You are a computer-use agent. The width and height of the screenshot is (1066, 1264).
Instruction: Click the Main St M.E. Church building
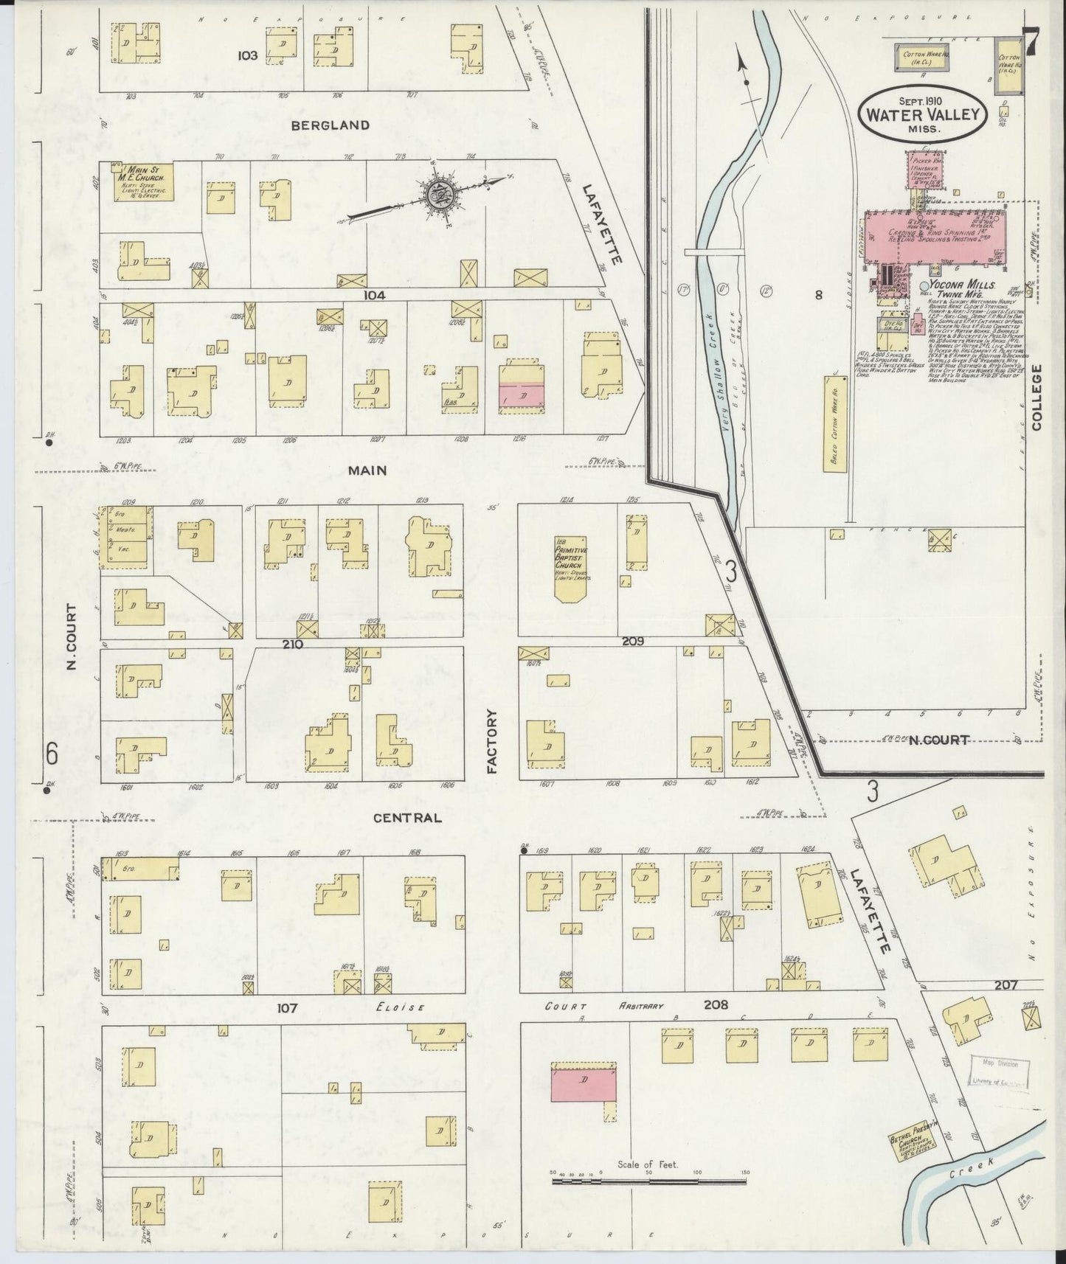143,182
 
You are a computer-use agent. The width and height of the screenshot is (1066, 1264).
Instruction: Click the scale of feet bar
650,1181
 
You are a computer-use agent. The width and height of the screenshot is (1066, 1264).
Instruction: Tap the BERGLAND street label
330,125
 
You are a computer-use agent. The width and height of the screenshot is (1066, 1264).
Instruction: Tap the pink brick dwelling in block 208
583,1082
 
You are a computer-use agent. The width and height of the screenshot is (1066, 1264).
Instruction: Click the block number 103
247,55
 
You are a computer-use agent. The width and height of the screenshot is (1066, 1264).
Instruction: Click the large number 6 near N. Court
52,753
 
